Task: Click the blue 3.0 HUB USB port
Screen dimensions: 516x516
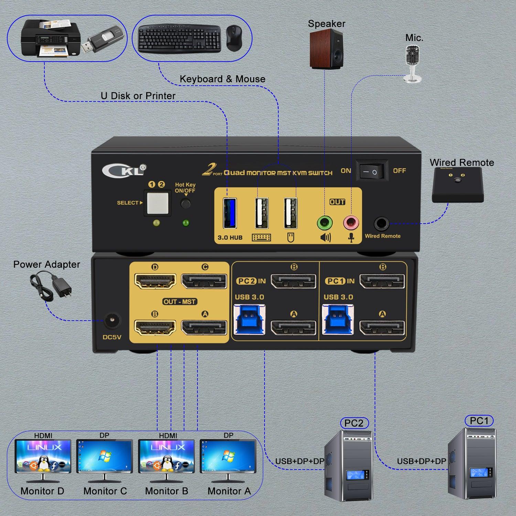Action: tap(229, 213)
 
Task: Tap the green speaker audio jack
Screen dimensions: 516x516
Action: tap(324, 223)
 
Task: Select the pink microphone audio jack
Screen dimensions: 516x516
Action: tap(351, 223)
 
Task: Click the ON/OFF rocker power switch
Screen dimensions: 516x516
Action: tap(372, 171)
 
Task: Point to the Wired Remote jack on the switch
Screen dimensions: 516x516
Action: tap(381, 224)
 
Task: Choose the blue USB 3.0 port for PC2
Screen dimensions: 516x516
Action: tap(249, 320)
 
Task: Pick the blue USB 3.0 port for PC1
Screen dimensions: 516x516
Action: tap(337, 320)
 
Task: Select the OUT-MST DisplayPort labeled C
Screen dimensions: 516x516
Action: tap(204, 281)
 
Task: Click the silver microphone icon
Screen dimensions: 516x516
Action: tap(412, 64)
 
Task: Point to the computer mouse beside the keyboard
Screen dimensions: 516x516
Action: tap(234, 38)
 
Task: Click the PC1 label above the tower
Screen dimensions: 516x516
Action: tap(479, 421)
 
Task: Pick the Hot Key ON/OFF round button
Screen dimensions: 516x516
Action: tap(186, 204)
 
